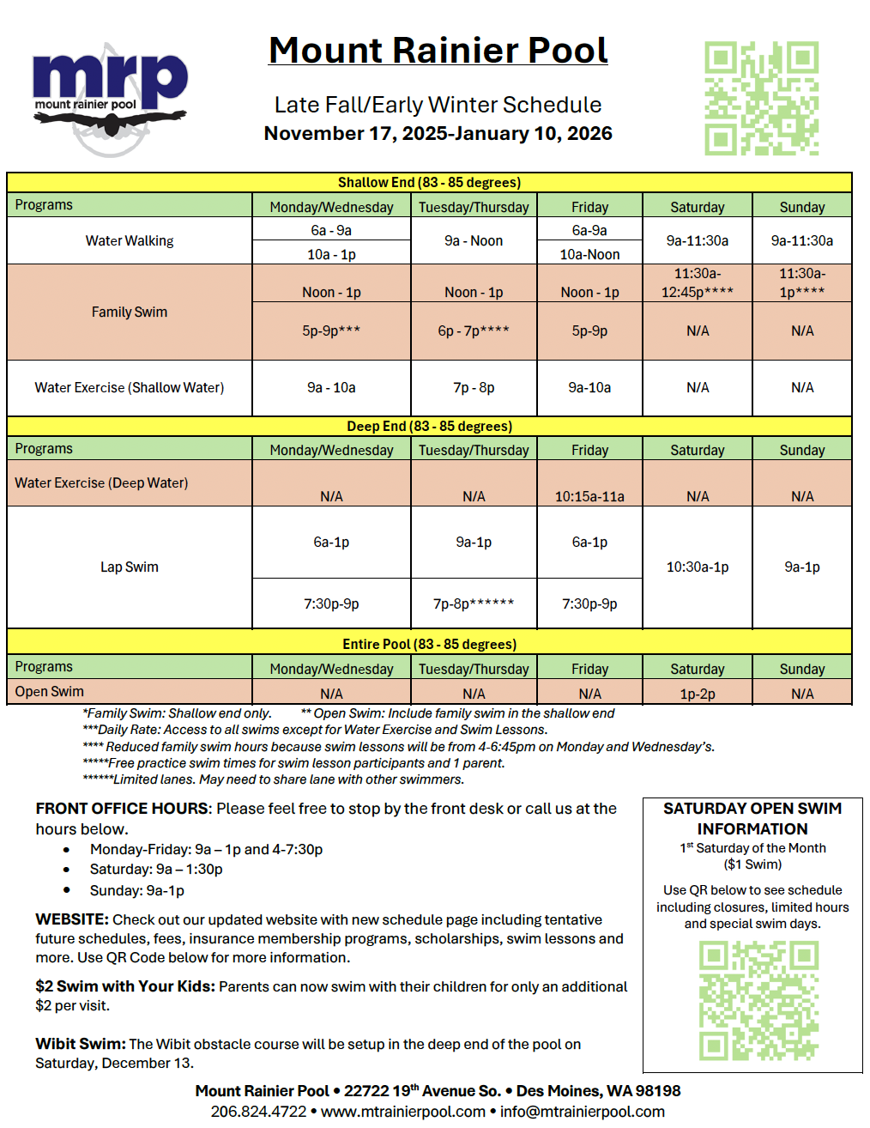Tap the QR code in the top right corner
761,98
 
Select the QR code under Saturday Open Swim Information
758,1000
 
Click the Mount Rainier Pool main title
438,51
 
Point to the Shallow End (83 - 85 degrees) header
429,182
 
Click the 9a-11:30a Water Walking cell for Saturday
697,240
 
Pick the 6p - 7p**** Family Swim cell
474,331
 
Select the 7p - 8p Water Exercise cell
474,387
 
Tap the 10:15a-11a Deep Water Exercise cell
589,496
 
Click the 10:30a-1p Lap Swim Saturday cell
697,567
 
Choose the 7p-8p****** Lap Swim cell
474,603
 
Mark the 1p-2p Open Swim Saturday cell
697,694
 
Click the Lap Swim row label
130,567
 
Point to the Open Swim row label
50,692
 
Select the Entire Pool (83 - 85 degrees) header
429,644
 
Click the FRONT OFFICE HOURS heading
122,809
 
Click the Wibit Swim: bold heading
80,1044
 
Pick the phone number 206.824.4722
258,1112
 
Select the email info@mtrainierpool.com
583,1112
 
